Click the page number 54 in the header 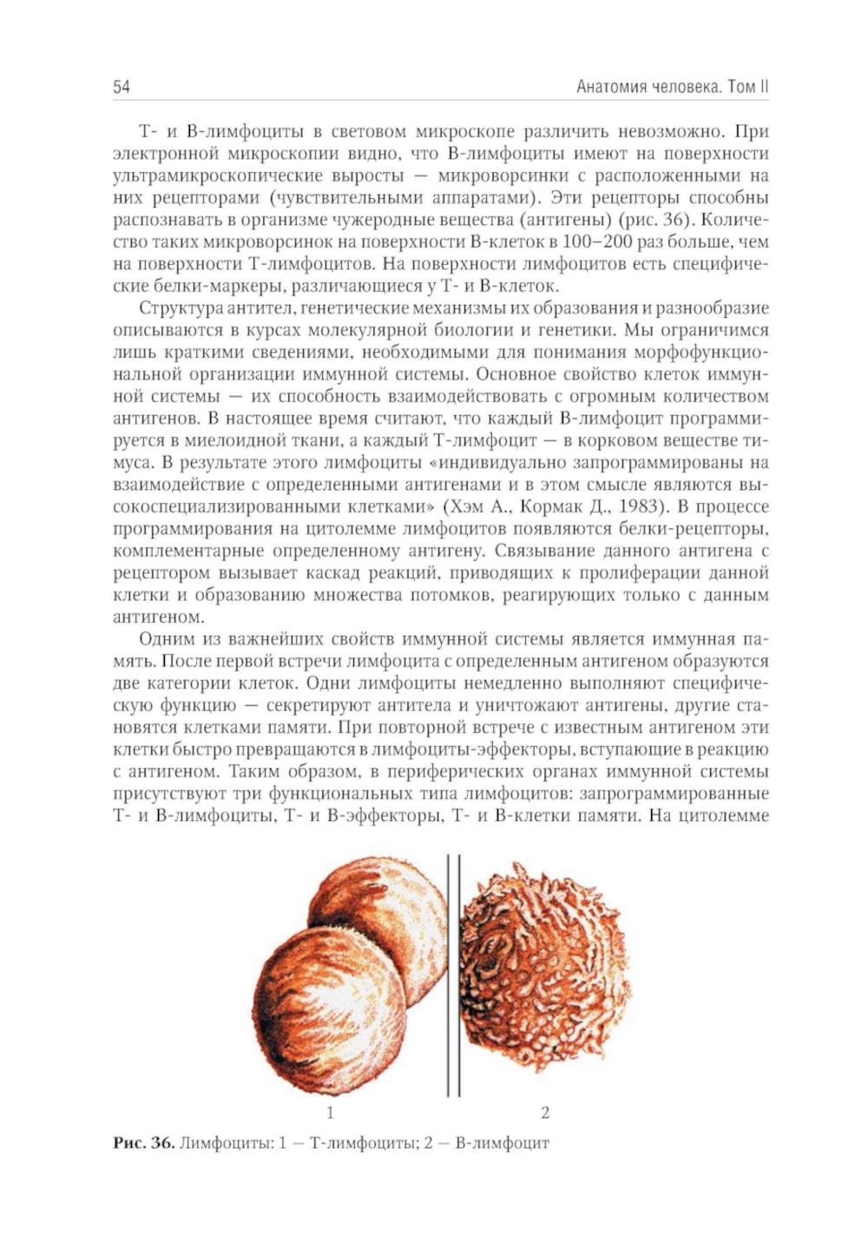click(x=121, y=87)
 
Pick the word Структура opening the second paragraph click(x=175, y=308)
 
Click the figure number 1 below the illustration click(x=330, y=1112)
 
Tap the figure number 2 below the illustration click(x=545, y=1112)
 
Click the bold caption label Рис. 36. click(x=143, y=1142)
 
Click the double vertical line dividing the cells click(x=453, y=973)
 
